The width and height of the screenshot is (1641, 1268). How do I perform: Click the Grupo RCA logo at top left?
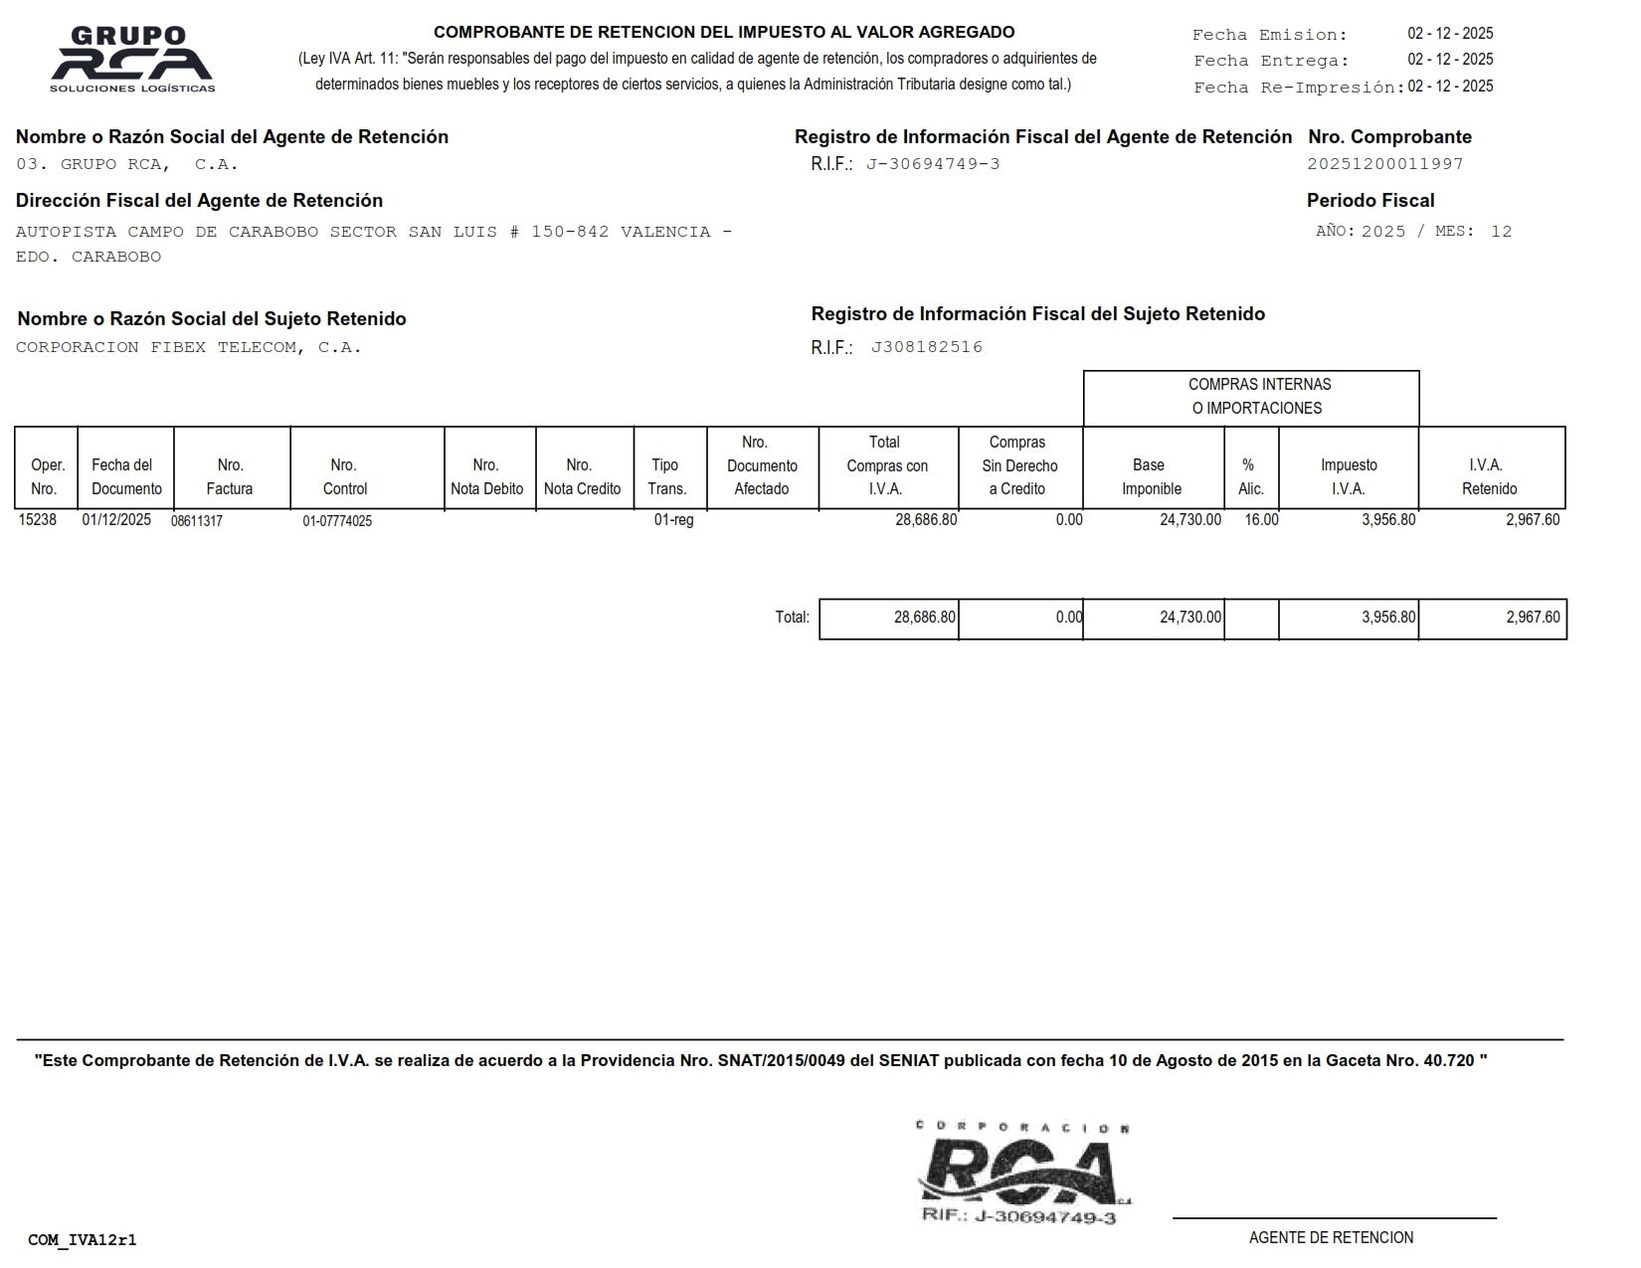tap(132, 60)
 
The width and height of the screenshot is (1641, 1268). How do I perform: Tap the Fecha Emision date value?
tap(1450, 34)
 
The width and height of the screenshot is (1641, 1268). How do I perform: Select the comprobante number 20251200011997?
tap(1384, 164)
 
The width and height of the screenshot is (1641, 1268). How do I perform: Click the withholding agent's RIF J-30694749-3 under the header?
tap(933, 164)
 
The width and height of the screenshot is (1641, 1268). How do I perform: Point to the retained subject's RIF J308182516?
tap(926, 347)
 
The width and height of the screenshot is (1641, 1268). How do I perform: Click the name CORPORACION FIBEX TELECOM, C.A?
tap(189, 347)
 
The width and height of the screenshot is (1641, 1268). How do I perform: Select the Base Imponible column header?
tap(1151, 476)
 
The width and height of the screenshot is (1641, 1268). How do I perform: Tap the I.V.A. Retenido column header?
tap(1489, 476)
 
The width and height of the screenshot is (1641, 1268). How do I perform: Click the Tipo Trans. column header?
tap(666, 476)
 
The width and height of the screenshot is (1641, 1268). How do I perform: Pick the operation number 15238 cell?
tap(38, 519)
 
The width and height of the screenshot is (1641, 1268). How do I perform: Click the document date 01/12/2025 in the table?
tap(116, 519)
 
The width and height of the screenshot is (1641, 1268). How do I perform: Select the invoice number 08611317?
tap(197, 521)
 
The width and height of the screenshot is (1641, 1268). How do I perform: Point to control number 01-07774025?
tap(337, 521)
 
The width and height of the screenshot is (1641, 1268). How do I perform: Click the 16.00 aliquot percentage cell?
tap(1261, 519)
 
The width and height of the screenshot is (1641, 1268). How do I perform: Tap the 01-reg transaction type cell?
tap(673, 519)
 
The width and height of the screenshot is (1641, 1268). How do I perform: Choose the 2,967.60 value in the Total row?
tap(1532, 618)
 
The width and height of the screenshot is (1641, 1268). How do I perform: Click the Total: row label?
tap(792, 618)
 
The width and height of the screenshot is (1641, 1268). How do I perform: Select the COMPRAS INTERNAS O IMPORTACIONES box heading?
tap(1259, 396)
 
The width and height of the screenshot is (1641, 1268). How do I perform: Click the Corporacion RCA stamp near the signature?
tap(1024, 1174)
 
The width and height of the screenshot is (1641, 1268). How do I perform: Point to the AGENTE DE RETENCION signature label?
tap(1331, 1238)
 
